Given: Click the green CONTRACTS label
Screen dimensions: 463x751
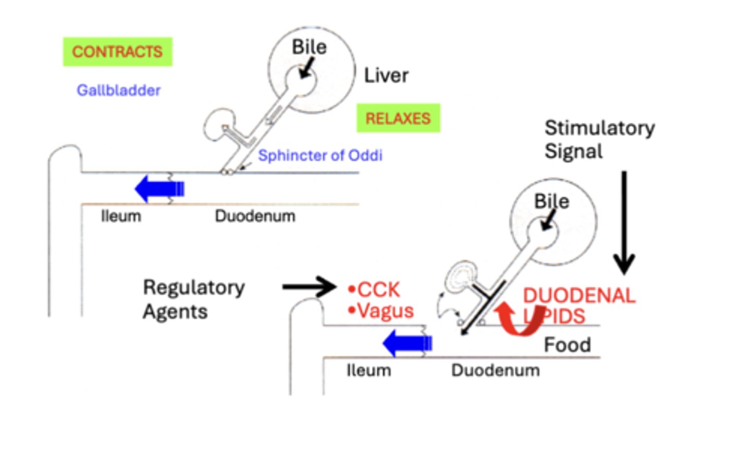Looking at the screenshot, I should click(117, 52).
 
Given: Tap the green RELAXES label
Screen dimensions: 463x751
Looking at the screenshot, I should click(398, 118).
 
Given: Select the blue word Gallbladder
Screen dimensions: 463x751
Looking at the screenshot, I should click(118, 90).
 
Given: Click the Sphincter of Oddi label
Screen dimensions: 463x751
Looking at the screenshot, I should click(320, 155).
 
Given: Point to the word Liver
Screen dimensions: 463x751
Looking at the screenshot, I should click(386, 76).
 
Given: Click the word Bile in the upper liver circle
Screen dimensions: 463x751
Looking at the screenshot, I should click(309, 47).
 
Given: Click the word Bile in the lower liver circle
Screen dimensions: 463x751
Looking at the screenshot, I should click(551, 201).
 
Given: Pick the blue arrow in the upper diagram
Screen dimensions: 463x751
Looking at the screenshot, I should click(159, 188).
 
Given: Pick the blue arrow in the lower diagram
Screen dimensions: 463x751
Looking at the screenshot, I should click(407, 343).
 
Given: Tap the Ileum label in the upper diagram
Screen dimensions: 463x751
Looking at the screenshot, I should click(121, 216).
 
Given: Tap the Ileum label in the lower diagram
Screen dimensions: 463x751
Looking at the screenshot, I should click(369, 371).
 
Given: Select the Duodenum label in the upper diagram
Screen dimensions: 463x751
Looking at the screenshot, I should click(255, 216).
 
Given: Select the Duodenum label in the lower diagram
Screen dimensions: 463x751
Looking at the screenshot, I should click(495, 371).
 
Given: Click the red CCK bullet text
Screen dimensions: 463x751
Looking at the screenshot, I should click(374, 289).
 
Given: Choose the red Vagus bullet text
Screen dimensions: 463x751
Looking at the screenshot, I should click(381, 311).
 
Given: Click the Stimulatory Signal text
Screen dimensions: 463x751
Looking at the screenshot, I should click(599, 139).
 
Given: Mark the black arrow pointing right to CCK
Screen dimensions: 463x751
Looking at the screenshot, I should click(309, 287).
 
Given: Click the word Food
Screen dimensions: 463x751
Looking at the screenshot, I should click(567, 345).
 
